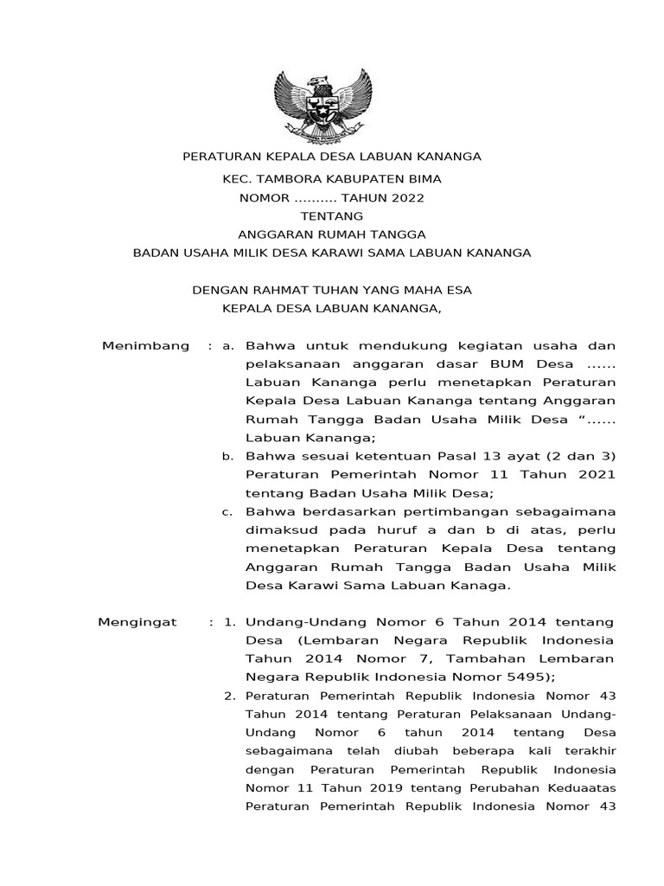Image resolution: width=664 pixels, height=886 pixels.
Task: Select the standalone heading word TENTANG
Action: click(x=331, y=215)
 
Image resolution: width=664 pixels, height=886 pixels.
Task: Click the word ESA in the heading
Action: click(x=458, y=290)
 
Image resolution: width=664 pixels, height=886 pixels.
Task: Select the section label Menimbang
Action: click(x=145, y=346)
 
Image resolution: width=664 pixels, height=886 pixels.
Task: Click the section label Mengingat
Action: click(x=137, y=622)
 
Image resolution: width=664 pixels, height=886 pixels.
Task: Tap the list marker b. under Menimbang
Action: click(x=228, y=456)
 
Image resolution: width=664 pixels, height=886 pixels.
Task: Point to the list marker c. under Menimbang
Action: click(x=228, y=511)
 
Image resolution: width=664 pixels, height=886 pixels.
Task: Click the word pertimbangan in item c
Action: click(x=418, y=511)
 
